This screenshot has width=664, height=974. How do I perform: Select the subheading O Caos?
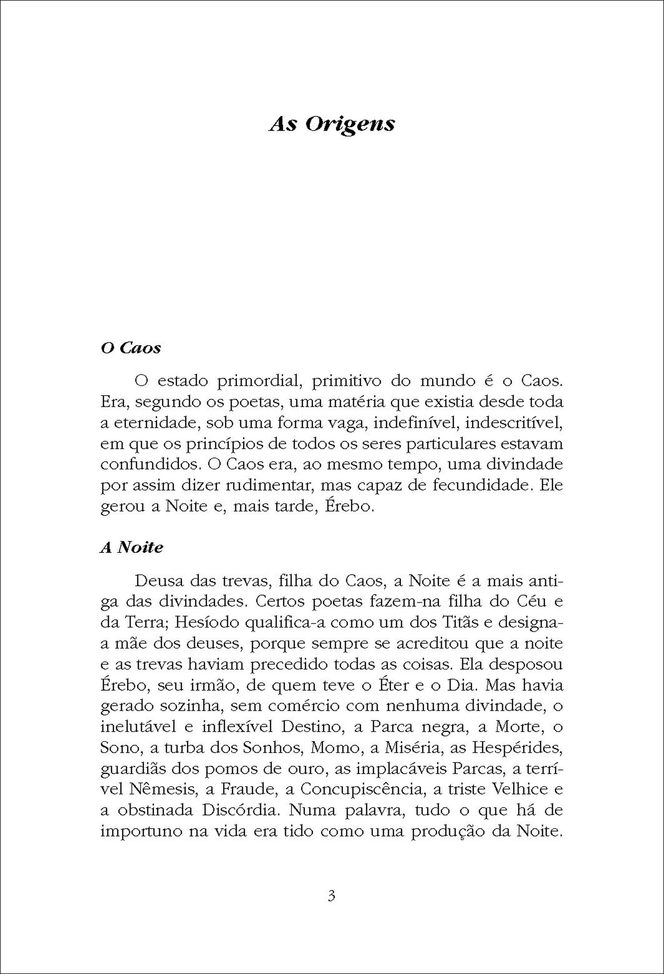tap(131, 348)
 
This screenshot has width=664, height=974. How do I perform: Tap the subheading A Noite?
tap(132, 547)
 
